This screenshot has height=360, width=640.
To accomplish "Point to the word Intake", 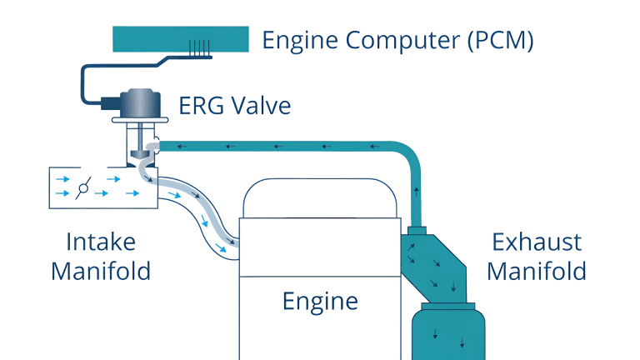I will [x=101, y=242].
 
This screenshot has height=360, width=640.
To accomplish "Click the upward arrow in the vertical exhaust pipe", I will [x=417, y=192].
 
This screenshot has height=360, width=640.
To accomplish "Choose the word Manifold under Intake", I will [x=101, y=272].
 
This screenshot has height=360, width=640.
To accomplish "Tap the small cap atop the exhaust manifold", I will [x=417, y=228].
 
